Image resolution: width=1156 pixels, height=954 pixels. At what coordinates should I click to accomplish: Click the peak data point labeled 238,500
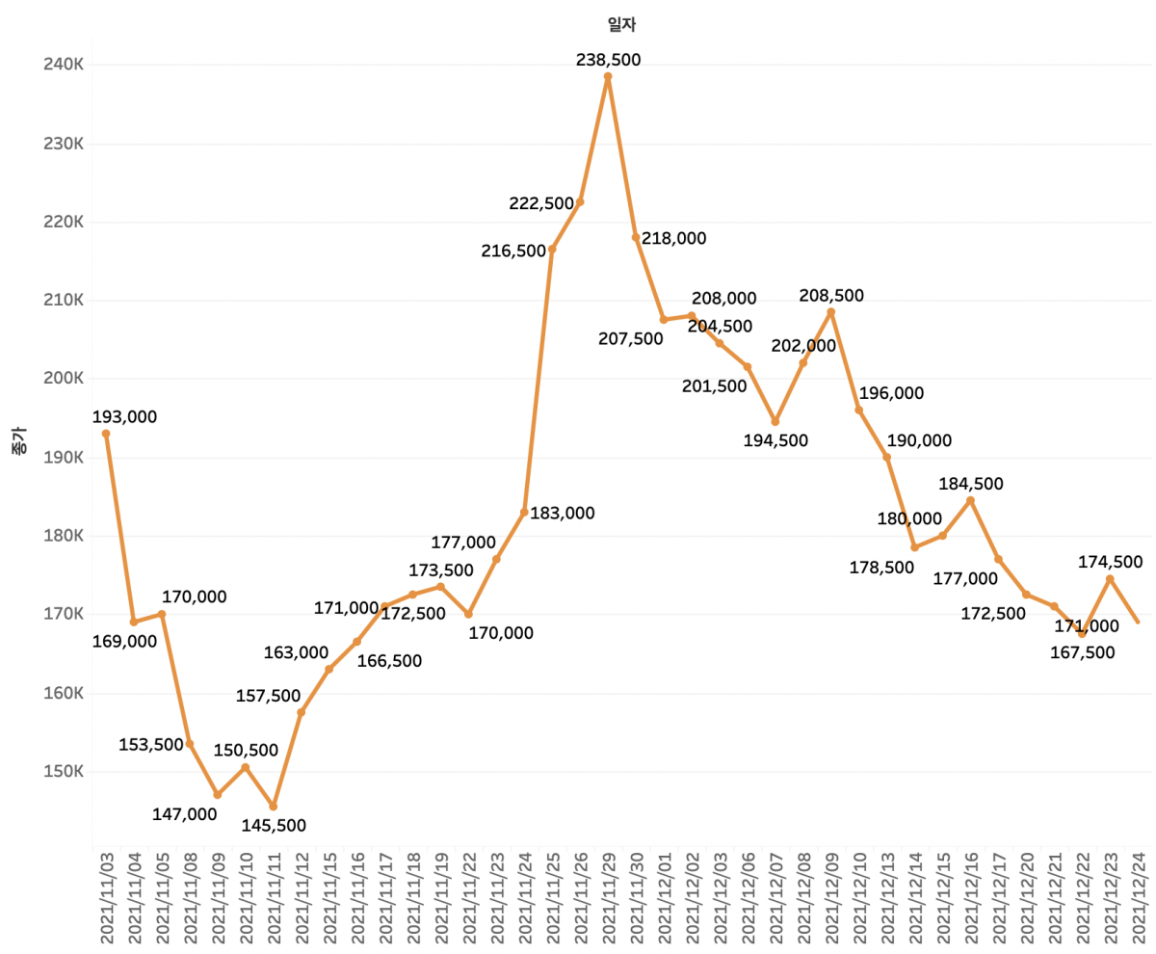(x=608, y=76)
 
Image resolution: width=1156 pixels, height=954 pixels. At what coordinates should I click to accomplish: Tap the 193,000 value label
(x=124, y=417)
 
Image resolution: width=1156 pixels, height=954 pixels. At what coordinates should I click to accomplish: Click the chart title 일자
(x=608, y=26)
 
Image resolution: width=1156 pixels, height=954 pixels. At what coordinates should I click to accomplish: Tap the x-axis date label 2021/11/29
(x=608, y=902)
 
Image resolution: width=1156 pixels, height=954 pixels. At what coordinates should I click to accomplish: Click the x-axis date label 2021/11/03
(x=106, y=902)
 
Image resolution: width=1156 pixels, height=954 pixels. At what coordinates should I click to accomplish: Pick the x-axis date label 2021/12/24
(x=1139, y=902)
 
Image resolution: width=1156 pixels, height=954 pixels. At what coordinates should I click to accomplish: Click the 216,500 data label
(x=513, y=251)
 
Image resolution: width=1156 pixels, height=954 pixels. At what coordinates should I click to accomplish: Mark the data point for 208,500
(x=831, y=312)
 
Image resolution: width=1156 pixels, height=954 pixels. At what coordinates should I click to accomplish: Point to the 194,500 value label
(x=775, y=440)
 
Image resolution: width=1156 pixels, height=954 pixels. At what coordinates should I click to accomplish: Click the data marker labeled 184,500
(x=970, y=500)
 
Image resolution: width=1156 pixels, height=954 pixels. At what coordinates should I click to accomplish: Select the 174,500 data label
(x=1110, y=562)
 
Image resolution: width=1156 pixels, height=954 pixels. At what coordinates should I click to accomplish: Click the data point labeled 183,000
(x=524, y=512)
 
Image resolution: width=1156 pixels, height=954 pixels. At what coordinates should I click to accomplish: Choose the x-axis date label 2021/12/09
(x=831, y=902)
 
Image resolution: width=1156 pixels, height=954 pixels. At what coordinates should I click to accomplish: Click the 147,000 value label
(x=185, y=814)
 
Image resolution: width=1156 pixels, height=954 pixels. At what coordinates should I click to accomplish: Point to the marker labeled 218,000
(x=636, y=237)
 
